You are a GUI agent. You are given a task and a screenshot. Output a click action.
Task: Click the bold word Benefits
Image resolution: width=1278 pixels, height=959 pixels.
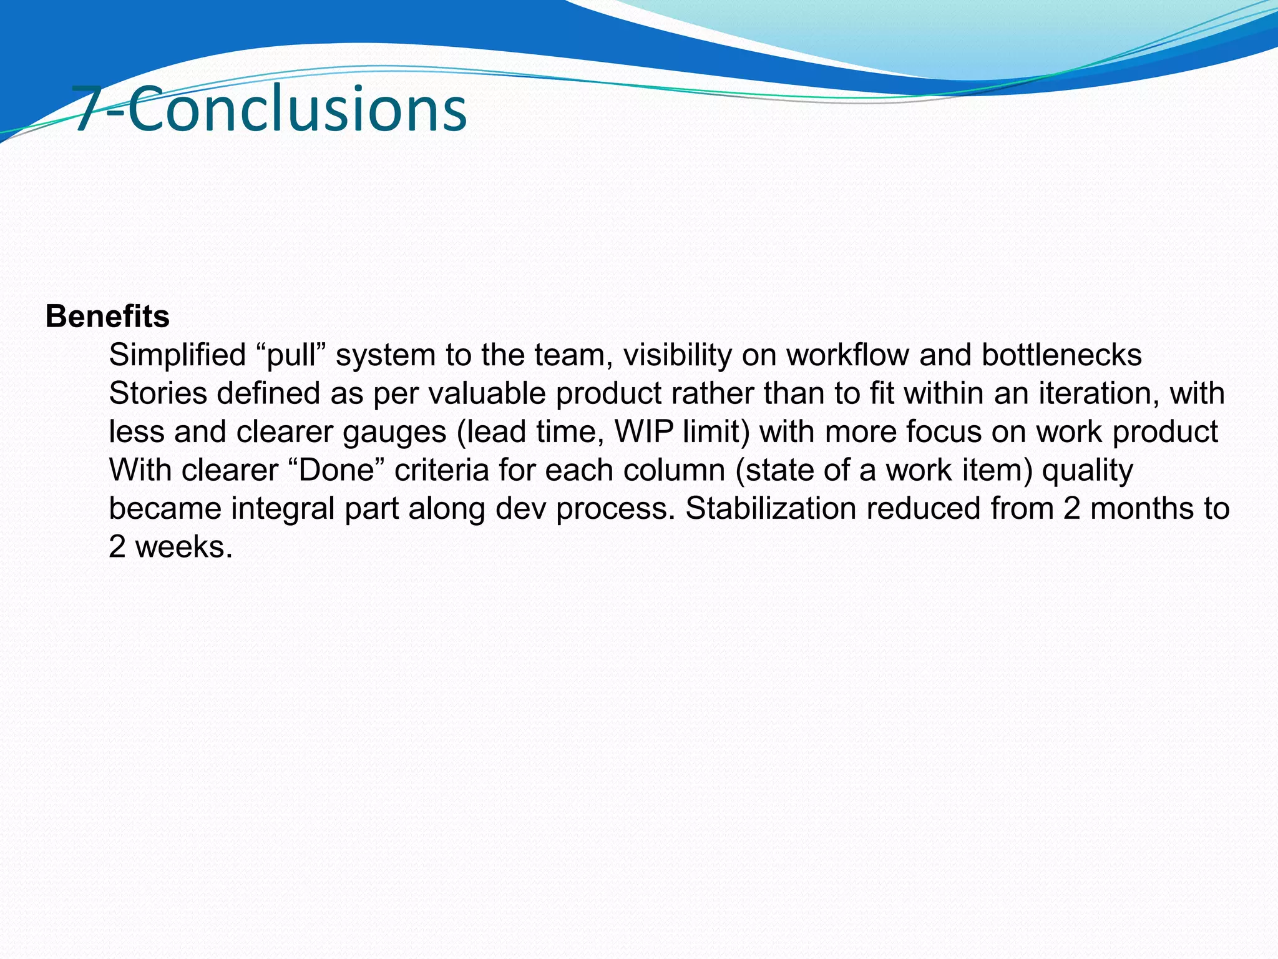[x=107, y=317]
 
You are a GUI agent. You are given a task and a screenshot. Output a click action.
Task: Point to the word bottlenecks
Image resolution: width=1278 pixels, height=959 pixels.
[x=1061, y=355]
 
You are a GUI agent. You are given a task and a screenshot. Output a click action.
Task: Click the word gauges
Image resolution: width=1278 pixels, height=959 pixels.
[x=394, y=433]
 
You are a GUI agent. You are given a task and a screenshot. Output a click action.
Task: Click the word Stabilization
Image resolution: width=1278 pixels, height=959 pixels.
[x=771, y=509]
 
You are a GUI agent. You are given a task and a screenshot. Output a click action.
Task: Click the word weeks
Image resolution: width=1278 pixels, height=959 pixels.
[x=183, y=548]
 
